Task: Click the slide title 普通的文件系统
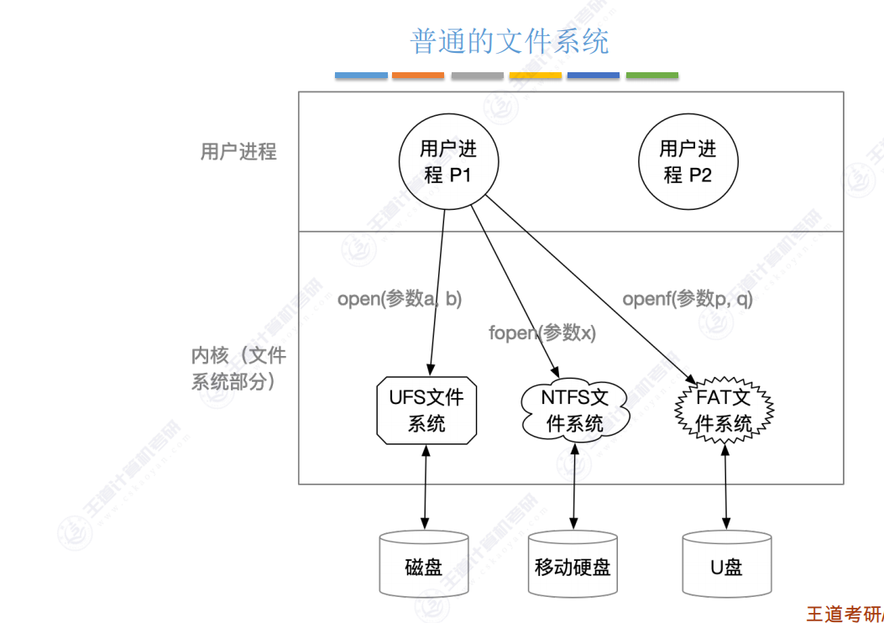click(509, 40)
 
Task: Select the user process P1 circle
click(448, 162)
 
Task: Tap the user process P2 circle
click(688, 162)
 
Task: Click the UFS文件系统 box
click(426, 411)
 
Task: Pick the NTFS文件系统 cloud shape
click(574, 411)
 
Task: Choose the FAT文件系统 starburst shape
click(724, 411)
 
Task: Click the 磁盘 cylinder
click(423, 564)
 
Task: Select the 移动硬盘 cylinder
click(573, 564)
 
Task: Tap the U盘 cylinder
click(726, 564)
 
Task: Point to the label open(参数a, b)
click(400, 298)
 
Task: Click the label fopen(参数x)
click(541, 332)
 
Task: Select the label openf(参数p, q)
click(688, 298)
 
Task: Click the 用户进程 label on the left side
click(238, 152)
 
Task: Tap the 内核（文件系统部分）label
click(239, 368)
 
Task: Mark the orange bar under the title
click(418, 76)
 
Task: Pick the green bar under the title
click(652, 76)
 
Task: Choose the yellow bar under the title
click(535, 76)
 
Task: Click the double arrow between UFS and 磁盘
click(426, 488)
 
